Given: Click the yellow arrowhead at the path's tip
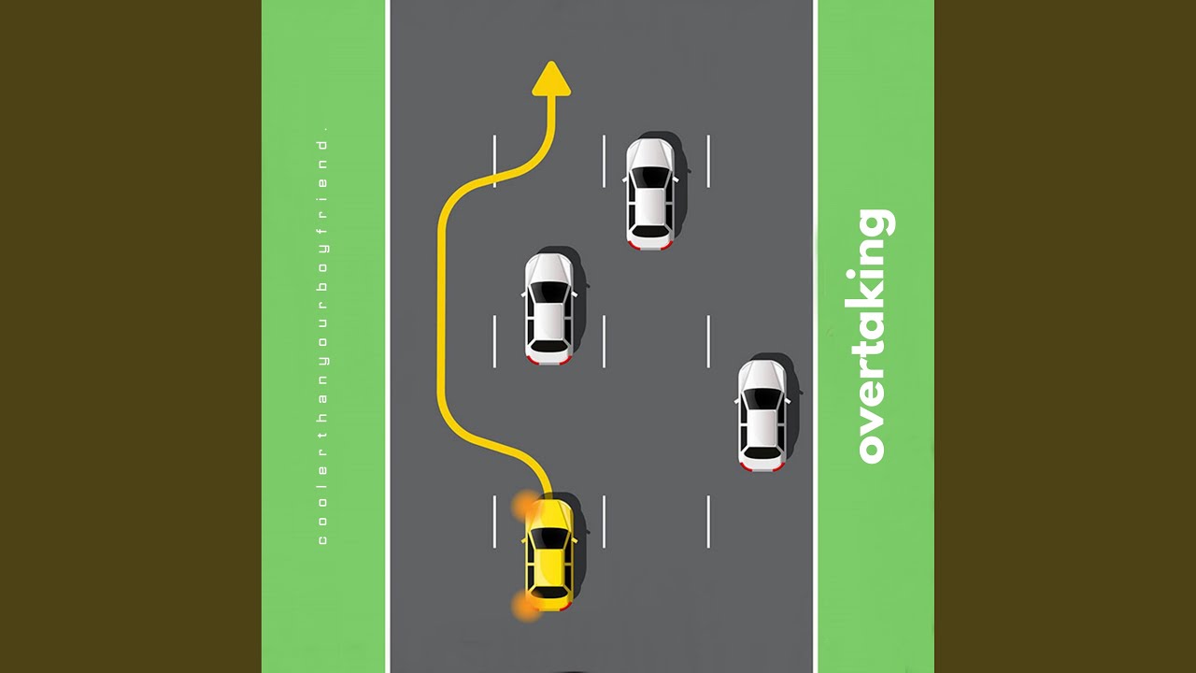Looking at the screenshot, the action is pyautogui.click(x=551, y=80).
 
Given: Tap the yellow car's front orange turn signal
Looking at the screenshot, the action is pyautogui.click(x=524, y=508).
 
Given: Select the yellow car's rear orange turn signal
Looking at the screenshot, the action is pyautogui.click(x=525, y=606).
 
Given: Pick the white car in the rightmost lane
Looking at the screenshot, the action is pyautogui.click(x=763, y=415).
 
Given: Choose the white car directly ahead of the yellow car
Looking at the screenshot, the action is pyautogui.click(x=549, y=308).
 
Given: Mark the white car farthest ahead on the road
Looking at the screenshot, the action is pyautogui.click(x=650, y=193).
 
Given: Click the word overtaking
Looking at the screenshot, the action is pyautogui.click(x=874, y=336).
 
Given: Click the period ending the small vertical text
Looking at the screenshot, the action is pyautogui.click(x=322, y=127).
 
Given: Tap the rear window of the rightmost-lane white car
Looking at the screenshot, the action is pyautogui.click(x=762, y=452).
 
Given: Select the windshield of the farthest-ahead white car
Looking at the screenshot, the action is pyautogui.click(x=650, y=177).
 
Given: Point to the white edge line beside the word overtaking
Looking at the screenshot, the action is pyautogui.click(x=816, y=336).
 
